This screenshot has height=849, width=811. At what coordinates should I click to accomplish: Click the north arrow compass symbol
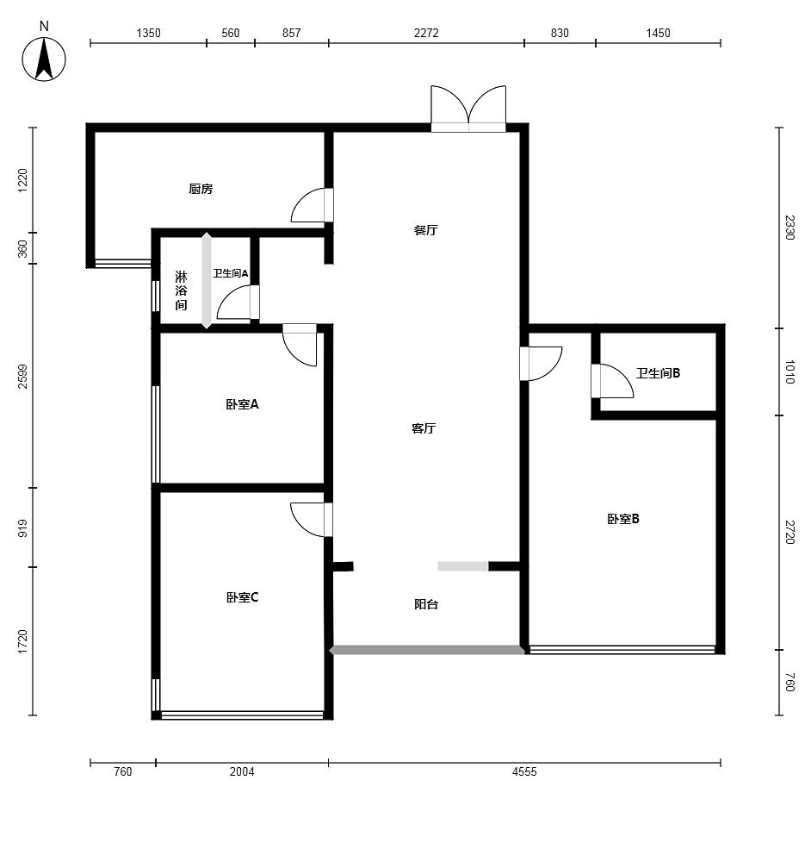44,59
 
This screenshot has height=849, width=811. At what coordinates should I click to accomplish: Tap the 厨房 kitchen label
201,189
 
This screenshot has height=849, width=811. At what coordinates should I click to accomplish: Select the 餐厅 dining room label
425,230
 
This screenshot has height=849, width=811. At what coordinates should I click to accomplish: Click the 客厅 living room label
424,429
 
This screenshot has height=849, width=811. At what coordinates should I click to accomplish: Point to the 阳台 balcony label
426,604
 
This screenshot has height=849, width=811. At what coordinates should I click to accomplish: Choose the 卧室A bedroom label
242,404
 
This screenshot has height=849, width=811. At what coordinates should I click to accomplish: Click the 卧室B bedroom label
622,519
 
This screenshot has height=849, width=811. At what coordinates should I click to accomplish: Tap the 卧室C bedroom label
242,597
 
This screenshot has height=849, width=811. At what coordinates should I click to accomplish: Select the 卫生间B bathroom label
658,373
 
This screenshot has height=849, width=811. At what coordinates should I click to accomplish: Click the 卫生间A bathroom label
231,273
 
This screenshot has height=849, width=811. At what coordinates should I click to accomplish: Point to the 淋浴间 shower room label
181,290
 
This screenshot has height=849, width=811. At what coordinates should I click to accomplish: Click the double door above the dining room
468,109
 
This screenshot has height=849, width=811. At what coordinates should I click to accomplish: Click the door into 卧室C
312,520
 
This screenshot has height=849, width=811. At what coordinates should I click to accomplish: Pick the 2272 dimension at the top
426,33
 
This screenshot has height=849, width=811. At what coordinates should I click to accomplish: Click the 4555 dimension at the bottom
524,771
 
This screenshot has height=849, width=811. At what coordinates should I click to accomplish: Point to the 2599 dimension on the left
22,376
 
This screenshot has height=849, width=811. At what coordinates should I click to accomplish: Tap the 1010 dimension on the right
790,372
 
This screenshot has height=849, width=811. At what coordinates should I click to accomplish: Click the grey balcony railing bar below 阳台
427,650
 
